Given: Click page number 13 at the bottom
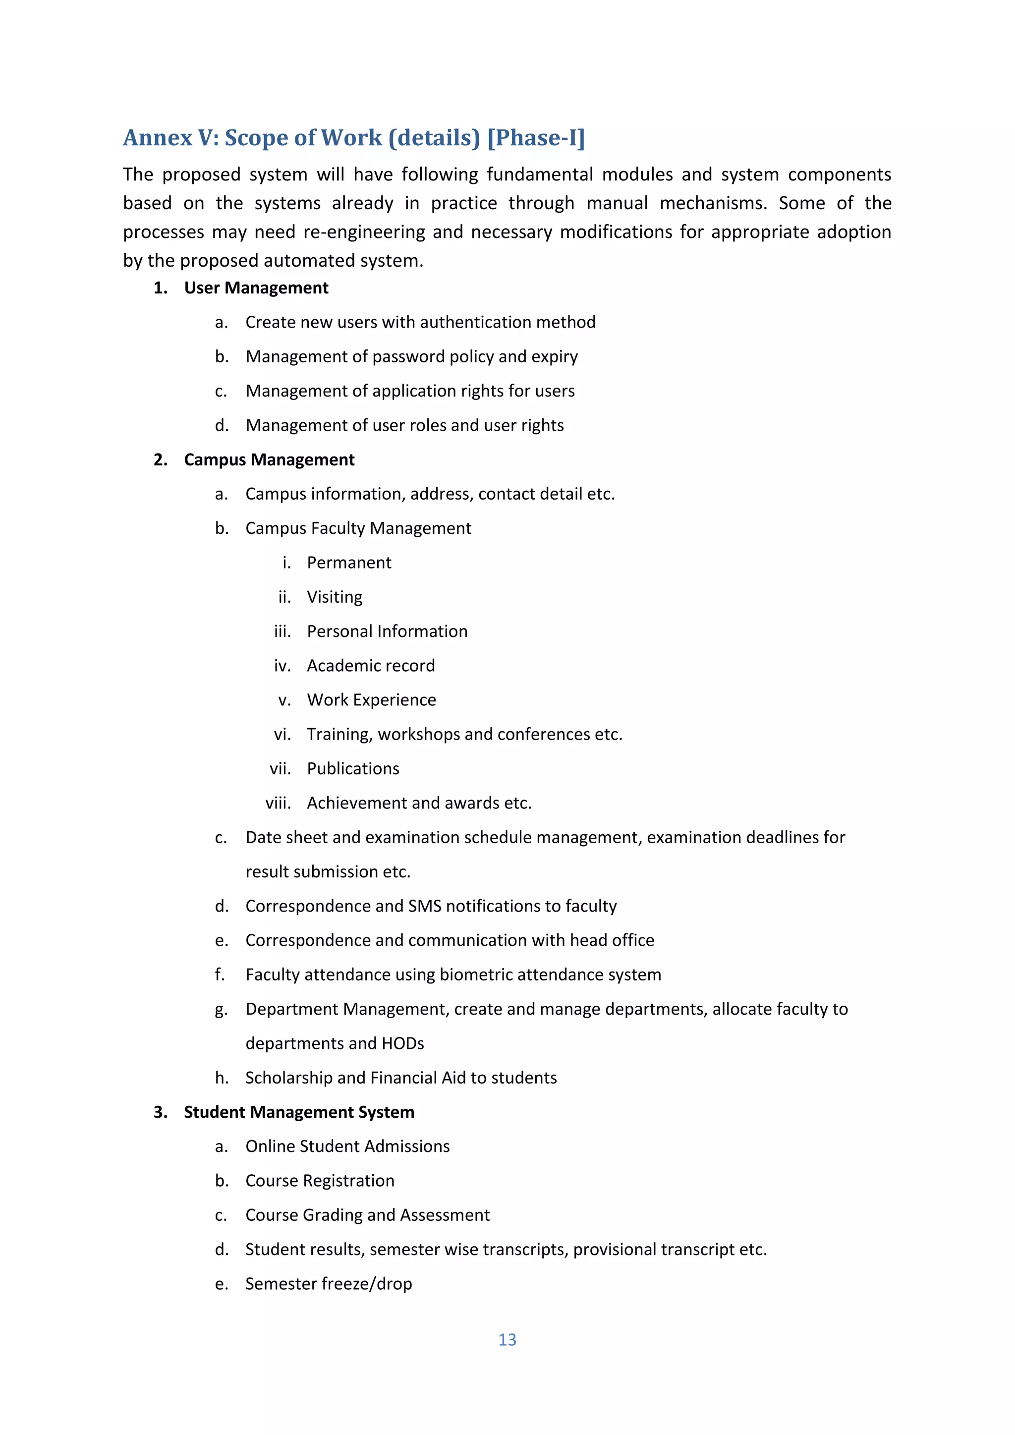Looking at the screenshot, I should click(x=507, y=1339).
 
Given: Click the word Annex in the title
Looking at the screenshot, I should click(x=158, y=138).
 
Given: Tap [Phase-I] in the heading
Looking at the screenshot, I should click(x=536, y=138).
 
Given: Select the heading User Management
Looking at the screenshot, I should click(x=256, y=288).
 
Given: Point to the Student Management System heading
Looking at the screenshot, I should click(x=299, y=1112).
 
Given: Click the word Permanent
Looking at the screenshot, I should click(x=349, y=563).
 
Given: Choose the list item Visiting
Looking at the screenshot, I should click(x=335, y=597).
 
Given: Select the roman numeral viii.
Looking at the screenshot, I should click(x=278, y=803).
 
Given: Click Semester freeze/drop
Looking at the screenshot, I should click(x=328, y=1284).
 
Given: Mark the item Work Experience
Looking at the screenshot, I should click(x=371, y=700).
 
